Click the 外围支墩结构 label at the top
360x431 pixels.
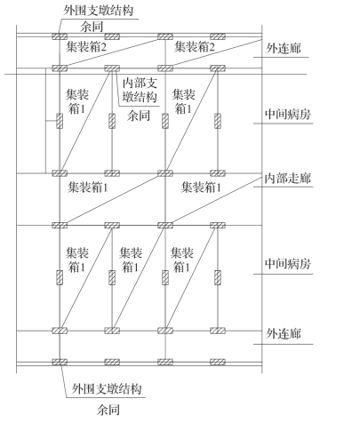pos(99,11)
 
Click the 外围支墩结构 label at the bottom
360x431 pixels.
pos(107,388)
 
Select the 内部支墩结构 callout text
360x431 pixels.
pos(140,91)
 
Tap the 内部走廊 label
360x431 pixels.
pos(287,179)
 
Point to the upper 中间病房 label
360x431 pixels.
pos(288,114)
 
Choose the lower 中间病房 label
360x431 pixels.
pos(288,263)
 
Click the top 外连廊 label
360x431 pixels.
pos(284,48)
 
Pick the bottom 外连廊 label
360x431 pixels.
pos(284,334)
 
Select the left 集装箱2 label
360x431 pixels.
pos(86,47)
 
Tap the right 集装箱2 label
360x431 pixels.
pos(195,47)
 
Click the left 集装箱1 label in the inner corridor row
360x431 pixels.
pos(88,188)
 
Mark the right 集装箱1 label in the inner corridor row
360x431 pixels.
pos(201,188)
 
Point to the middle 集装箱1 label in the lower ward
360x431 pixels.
pos(131,259)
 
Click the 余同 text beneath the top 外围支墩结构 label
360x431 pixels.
pos(92,27)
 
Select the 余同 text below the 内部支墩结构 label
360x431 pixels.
pos(139,116)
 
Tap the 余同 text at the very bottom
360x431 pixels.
pos(108,410)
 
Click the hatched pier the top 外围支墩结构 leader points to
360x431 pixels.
pos(60,36)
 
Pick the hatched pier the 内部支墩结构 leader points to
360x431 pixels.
pos(112,68)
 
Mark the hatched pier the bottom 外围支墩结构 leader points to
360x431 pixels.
pos(60,362)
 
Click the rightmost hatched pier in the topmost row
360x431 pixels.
pos(218,36)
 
